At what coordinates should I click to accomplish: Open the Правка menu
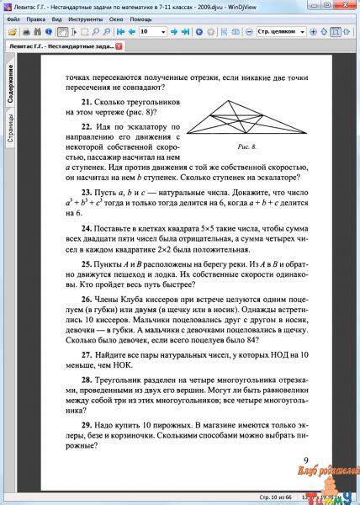pos(36,17)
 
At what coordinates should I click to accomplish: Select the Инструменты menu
pos(87,17)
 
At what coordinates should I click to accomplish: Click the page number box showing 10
pos(152,31)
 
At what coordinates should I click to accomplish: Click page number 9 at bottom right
pos(305,460)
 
